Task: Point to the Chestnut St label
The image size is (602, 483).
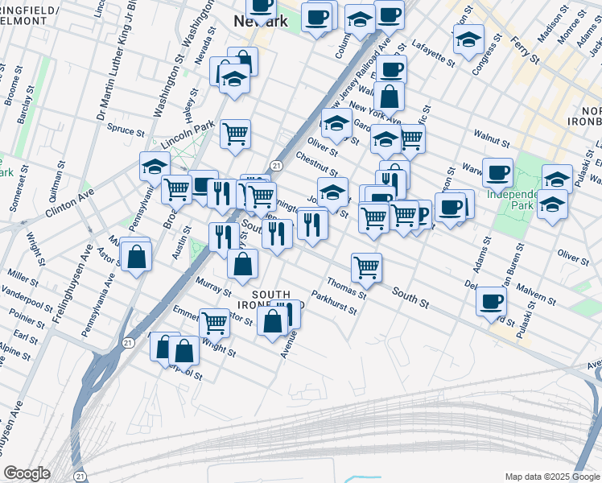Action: pos(315,163)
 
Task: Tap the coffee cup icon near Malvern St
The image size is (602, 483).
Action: pos(491,303)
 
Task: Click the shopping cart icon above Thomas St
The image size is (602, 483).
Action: pos(367,266)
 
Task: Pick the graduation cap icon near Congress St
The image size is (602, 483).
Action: pos(468,37)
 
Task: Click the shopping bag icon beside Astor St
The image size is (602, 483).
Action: pos(138,257)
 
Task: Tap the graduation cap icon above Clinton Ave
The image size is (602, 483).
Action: pos(155,166)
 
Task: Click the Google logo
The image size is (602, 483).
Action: pos(27,473)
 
